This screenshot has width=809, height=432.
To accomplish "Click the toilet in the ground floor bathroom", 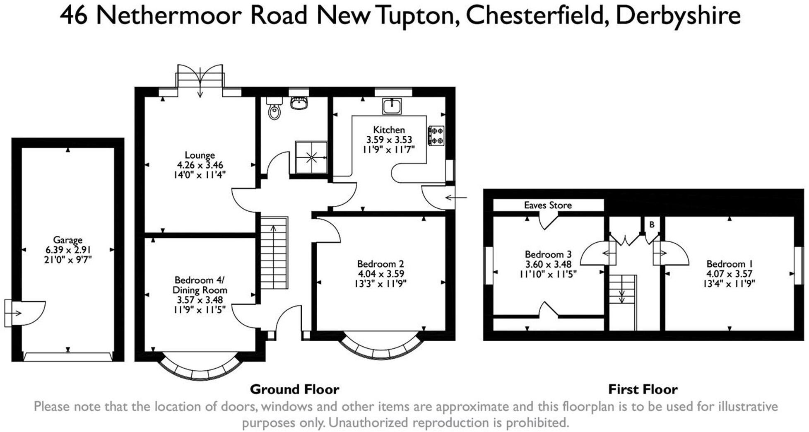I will click(274, 110).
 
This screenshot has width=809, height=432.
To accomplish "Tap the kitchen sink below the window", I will click(391, 106).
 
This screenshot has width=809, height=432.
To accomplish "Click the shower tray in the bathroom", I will click(311, 157).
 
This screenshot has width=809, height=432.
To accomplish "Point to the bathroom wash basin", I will click(299, 103).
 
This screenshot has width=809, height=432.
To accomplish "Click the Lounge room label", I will click(200, 155).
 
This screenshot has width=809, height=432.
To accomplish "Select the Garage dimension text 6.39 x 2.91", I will click(68, 250).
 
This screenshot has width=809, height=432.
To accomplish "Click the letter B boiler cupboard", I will click(652, 225).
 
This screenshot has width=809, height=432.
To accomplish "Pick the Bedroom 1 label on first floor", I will click(729, 264).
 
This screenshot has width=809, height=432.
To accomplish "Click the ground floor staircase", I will click(274, 253).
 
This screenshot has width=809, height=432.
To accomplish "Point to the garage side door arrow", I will click(14, 313).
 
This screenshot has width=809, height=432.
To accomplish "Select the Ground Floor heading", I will click(294, 389).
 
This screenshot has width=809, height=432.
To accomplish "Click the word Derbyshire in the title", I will click(678, 16).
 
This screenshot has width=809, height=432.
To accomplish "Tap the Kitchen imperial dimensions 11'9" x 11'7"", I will click(388, 150).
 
